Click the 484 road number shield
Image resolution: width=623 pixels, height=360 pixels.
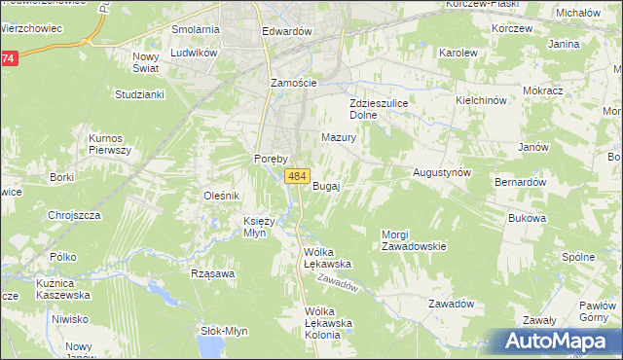tap(298, 176)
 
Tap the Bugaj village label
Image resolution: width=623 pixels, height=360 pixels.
tap(325, 186)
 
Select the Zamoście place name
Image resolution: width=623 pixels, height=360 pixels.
tap(293, 83)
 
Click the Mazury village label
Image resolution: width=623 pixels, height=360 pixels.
tap(339, 137)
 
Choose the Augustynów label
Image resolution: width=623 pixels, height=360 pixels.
tap(442, 171)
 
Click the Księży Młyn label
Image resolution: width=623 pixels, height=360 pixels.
tap(261, 227)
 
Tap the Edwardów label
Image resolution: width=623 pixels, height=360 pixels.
tap(286, 31)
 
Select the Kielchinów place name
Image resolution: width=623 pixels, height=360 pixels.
tap(482, 100)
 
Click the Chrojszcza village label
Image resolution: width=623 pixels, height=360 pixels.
tap(75, 215)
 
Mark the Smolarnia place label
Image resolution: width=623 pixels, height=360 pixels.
tap(195, 29)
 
